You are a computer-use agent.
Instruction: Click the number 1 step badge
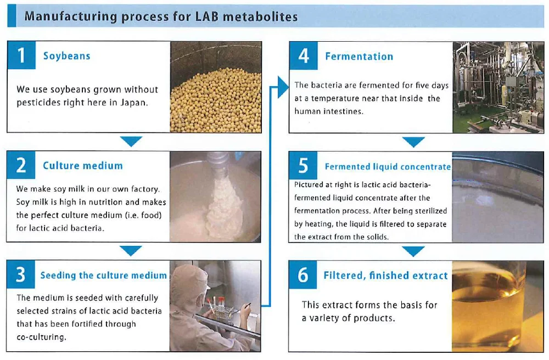(21, 55)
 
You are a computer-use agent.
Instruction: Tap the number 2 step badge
(21, 165)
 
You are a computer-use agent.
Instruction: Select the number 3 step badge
(21, 275)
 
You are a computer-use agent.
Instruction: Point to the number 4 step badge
(304, 56)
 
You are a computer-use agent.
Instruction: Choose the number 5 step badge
(304, 166)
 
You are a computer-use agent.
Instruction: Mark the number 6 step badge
(303, 275)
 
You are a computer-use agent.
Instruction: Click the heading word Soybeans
(66, 56)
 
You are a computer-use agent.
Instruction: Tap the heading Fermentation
(359, 56)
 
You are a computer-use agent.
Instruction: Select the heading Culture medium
(83, 166)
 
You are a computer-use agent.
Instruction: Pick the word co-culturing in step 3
(41, 337)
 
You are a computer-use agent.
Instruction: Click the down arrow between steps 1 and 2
(131, 142)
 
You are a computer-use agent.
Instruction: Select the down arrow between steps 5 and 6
(413, 251)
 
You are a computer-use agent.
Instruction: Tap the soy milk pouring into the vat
(222, 203)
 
